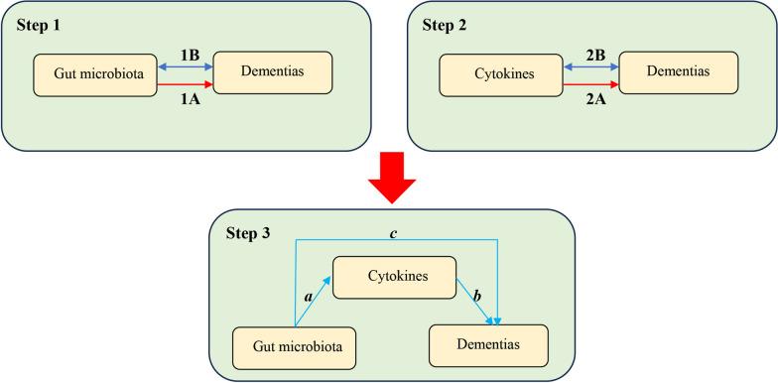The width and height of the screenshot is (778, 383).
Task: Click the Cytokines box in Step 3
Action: pos(393,277)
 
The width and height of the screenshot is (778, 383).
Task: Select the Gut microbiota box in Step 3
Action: pos(294,348)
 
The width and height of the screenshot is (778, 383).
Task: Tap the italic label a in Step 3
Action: pos(308,295)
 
